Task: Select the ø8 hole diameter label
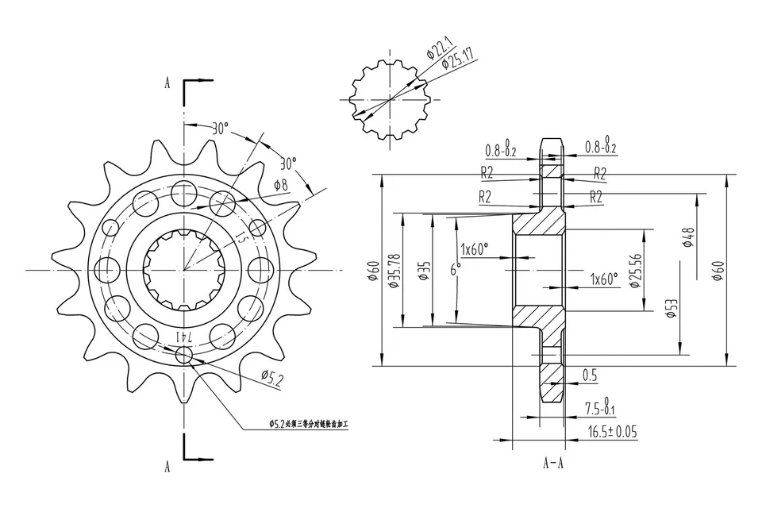(x=280, y=185)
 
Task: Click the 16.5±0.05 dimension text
(x=613, y=432)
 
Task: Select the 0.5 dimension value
(x=590, y=374)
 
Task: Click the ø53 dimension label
(x=672, y=308)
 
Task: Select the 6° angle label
(x=455, y=270)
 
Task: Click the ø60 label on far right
(x=719, y=270)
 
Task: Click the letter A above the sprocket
(x=167, y=82)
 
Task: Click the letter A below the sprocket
(x=167, y=467)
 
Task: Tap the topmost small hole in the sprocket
(x=184, y=191)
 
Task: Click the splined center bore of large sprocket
(x=184, y=271)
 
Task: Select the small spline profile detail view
(x=389, y=100)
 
